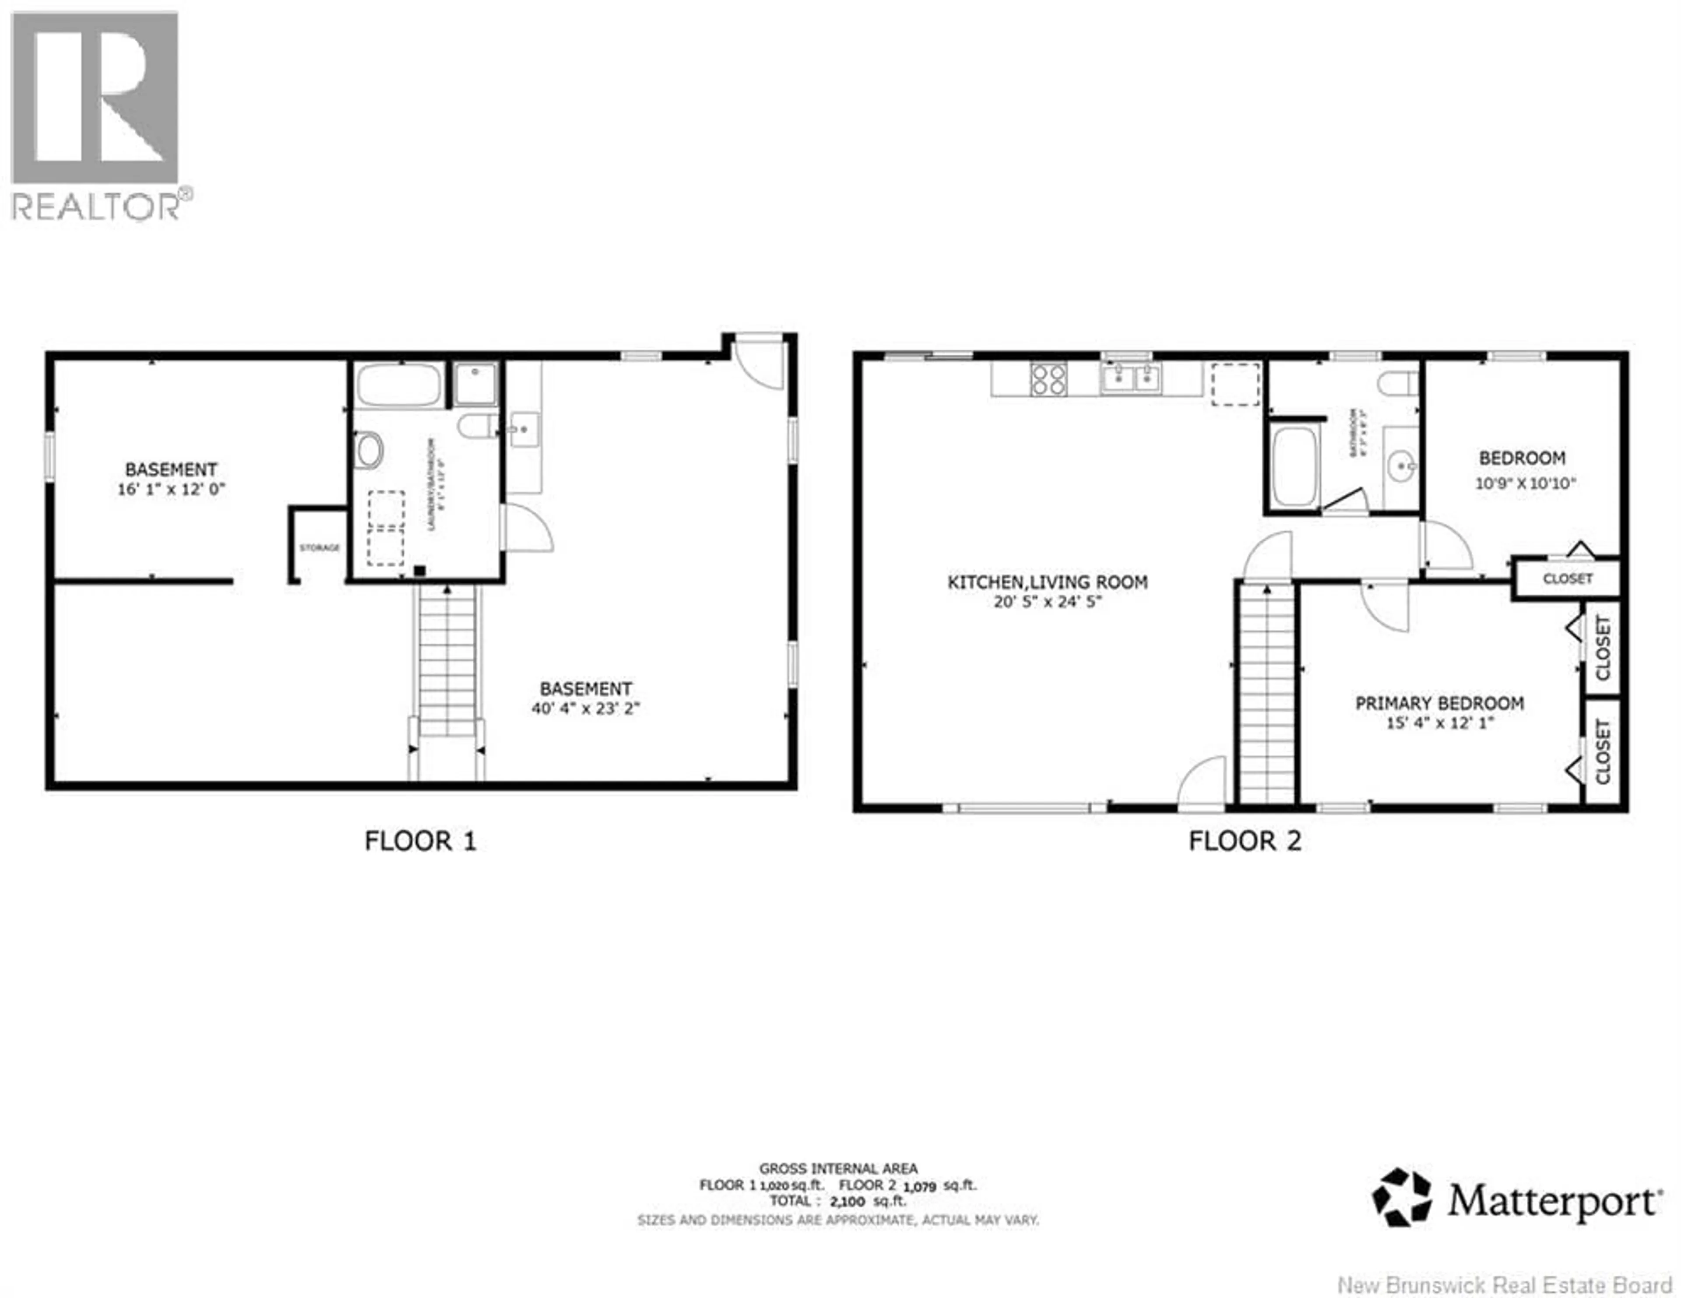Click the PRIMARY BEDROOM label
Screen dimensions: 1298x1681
tap(1438, 703)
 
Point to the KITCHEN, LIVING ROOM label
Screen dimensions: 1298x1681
tap(1047, 582)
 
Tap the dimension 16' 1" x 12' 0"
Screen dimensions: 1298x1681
tap(171, 489)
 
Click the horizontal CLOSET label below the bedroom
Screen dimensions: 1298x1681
tap(1567, 578)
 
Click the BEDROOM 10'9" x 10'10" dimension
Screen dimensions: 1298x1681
tap(1525, 483)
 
